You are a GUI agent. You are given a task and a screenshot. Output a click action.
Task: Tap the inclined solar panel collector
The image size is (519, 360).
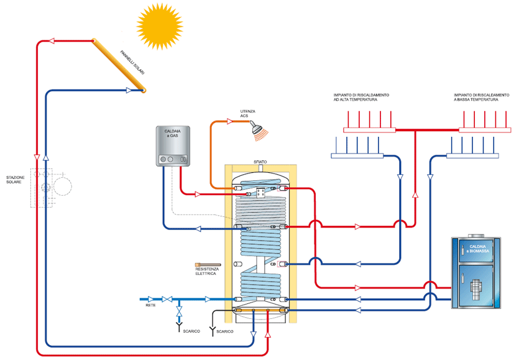click(119, 65)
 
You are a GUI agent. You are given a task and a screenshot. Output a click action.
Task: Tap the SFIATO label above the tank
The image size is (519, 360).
click(260, 162)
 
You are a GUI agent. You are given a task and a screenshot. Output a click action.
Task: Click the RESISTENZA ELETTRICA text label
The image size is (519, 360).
click(206, 272)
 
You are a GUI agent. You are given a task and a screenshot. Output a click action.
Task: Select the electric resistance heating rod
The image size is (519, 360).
click(206, 264)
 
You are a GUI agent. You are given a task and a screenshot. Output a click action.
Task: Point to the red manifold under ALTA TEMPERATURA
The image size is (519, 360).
click(369, 130)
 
